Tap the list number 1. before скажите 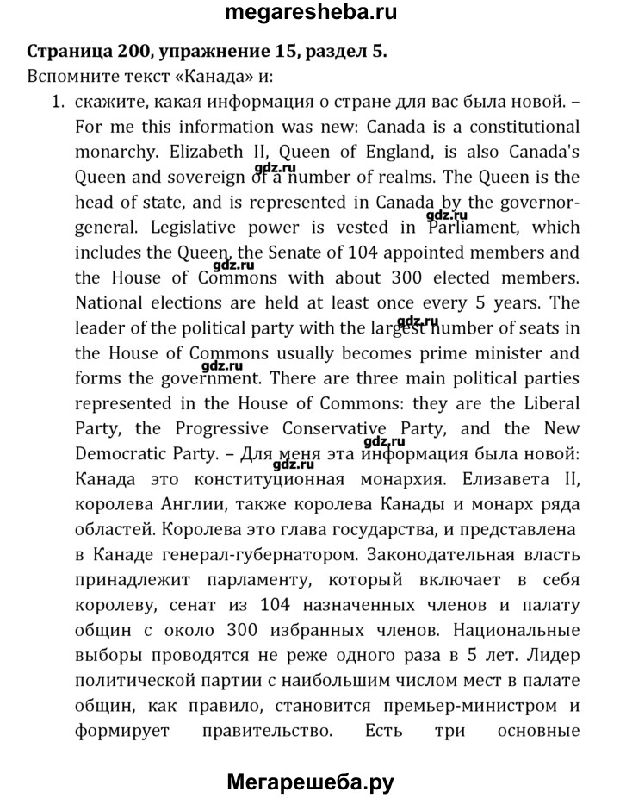point(58,103)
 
